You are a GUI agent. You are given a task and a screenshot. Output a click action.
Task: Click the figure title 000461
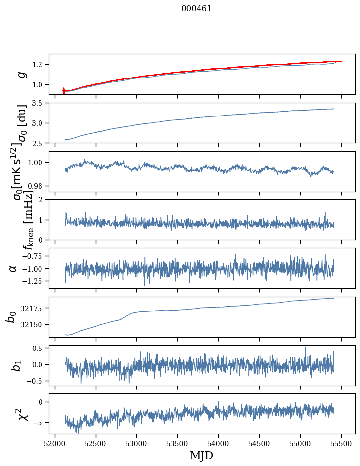pyautogui.click(x=197, y=8)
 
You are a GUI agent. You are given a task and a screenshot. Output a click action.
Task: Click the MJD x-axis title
pyautogui.click(x=201, y=455)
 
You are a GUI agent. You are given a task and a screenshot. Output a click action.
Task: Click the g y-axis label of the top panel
pyautogui.click(x=21, y=75)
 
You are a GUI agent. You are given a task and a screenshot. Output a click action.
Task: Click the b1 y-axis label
pyautogui.click(x=17, y=365)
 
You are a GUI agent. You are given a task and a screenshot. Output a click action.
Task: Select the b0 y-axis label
pyautogui.click(x=11, y=317)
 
